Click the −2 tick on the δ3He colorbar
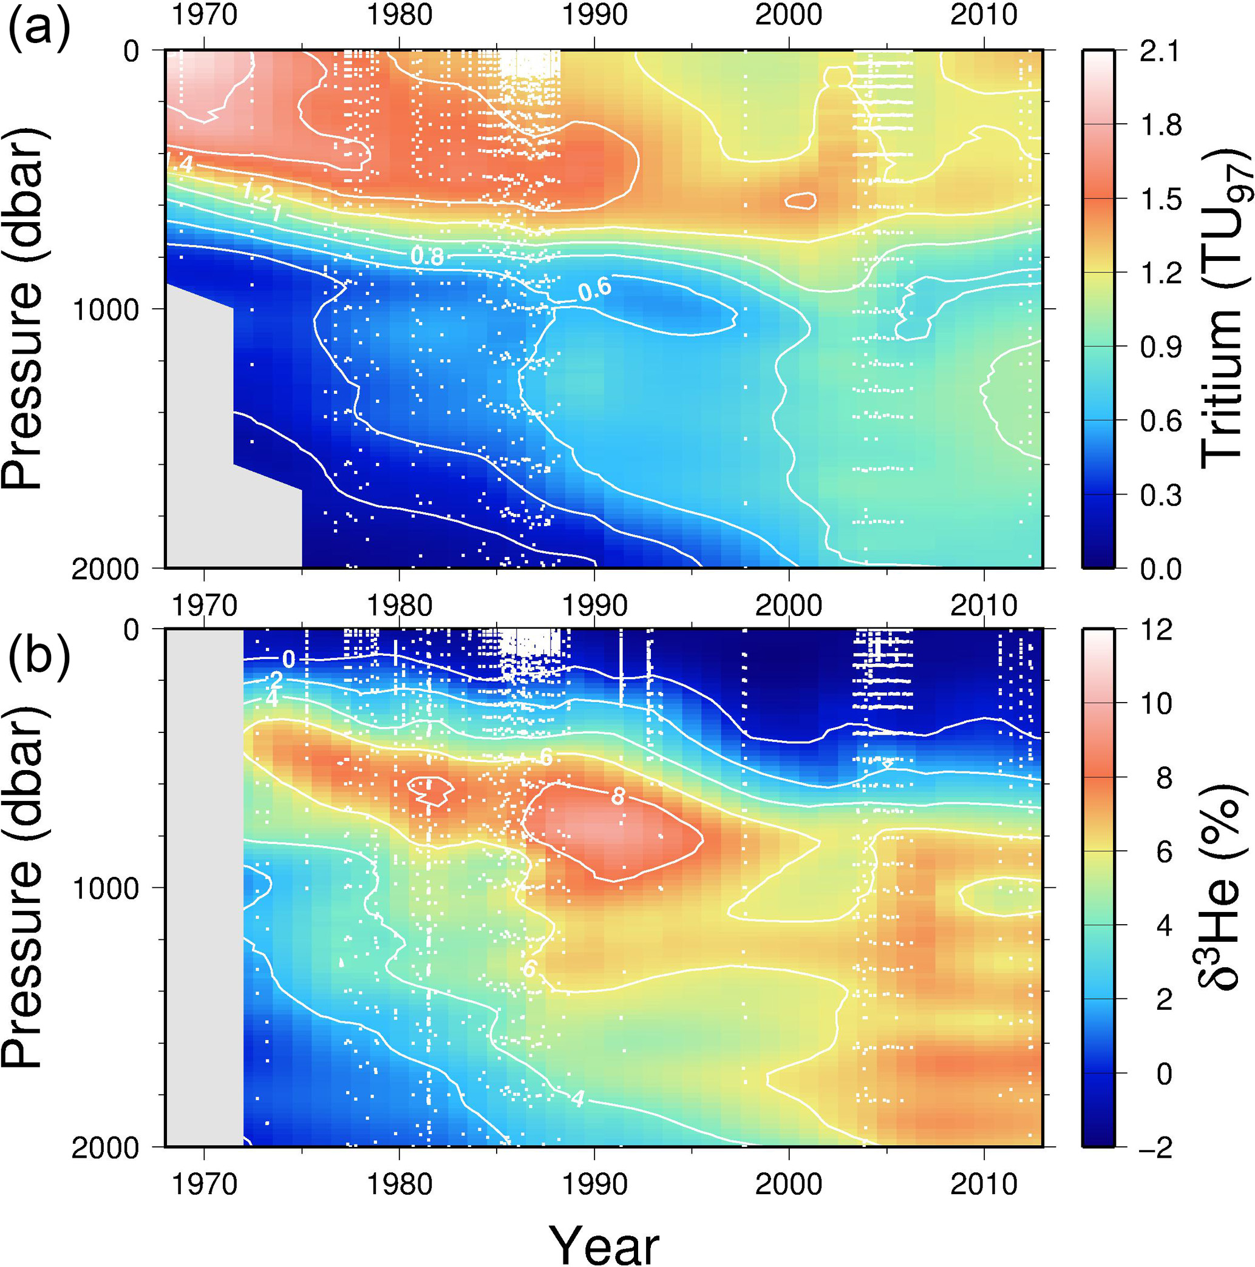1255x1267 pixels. [1151, 1147]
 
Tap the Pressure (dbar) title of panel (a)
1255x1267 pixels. [22, 308]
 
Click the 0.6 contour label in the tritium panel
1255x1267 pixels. [594, 289]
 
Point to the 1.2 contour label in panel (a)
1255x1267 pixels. [257, 192]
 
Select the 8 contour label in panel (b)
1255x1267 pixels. [618, 796]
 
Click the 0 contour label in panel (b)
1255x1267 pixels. [288, 658]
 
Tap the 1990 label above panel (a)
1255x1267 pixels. [594, 15]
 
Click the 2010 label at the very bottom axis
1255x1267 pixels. [984, 1184]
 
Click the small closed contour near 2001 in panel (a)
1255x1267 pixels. [800, 201]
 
